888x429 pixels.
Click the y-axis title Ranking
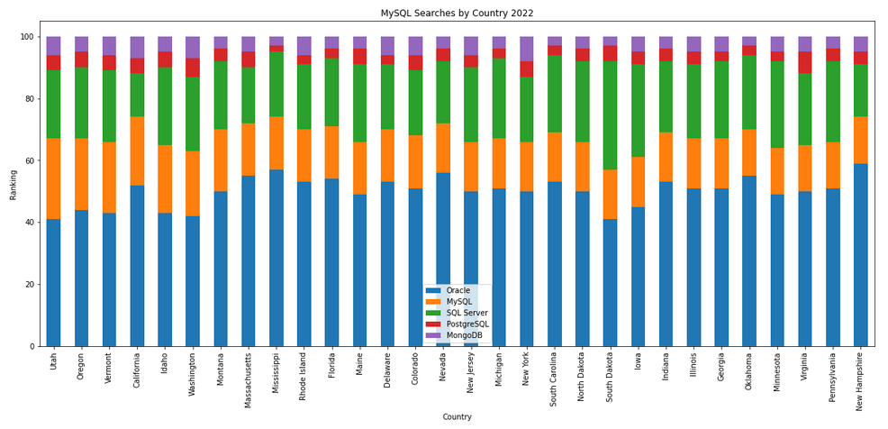(x=14, y=192)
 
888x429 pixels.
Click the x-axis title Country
(x=457, y=416)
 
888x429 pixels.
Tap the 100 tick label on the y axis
(x=25, y=37)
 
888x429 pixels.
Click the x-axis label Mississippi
(x=276, y=379)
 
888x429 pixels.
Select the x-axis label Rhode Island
(x=304, y=381)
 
